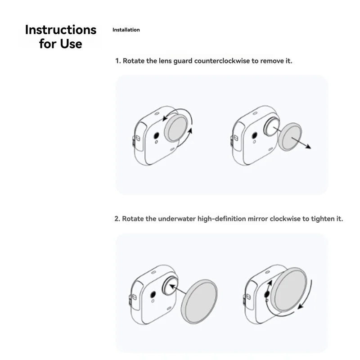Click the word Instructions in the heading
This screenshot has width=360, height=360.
[x=60, y=30]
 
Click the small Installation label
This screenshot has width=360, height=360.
[x=126, y=30]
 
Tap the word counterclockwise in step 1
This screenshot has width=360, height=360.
[x=222, y=60]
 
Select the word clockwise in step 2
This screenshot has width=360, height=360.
[x=285, y=219]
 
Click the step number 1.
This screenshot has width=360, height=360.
[x=117, y=60]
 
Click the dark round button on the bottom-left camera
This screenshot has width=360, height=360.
[x=152, y=294]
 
